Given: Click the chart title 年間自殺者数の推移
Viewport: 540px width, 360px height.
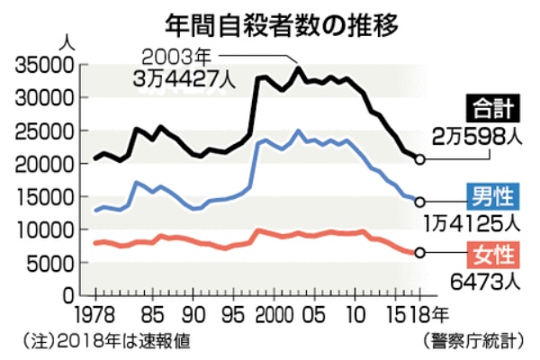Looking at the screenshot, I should point(270,20).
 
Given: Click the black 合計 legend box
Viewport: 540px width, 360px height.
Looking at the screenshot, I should point(490,110).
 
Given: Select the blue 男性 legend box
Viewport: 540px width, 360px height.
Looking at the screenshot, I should point(490,193).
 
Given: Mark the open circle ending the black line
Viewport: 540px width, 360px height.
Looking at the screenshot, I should point(420,160).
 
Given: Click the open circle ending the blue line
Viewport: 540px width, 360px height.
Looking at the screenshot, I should point(420,202).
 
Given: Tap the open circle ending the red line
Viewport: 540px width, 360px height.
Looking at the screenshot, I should point(420,253).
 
